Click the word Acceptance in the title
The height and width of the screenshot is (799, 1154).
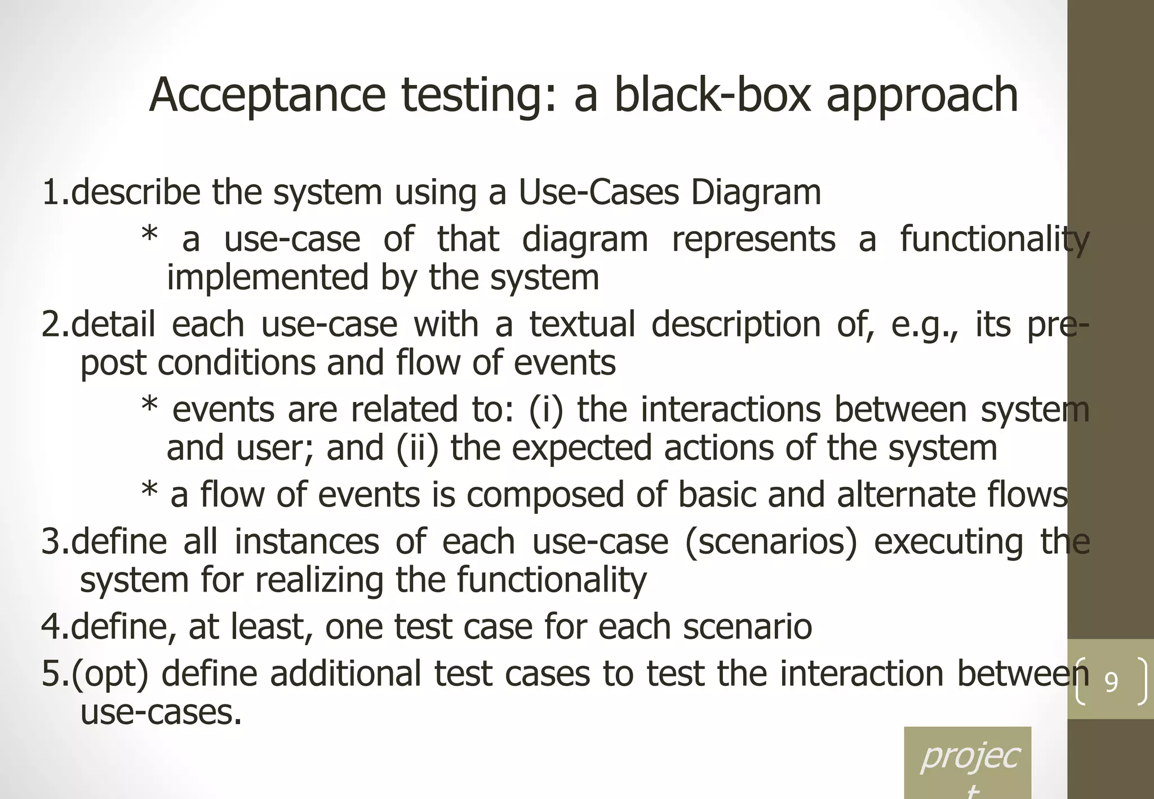[x=267, y=96]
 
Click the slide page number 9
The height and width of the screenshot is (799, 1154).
[x=1111, y=682]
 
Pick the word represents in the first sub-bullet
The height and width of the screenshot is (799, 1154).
[x=753, y=239]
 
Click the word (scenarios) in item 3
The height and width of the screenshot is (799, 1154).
[x=771, y=542]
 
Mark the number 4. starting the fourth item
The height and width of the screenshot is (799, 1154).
[x=55, y=627]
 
